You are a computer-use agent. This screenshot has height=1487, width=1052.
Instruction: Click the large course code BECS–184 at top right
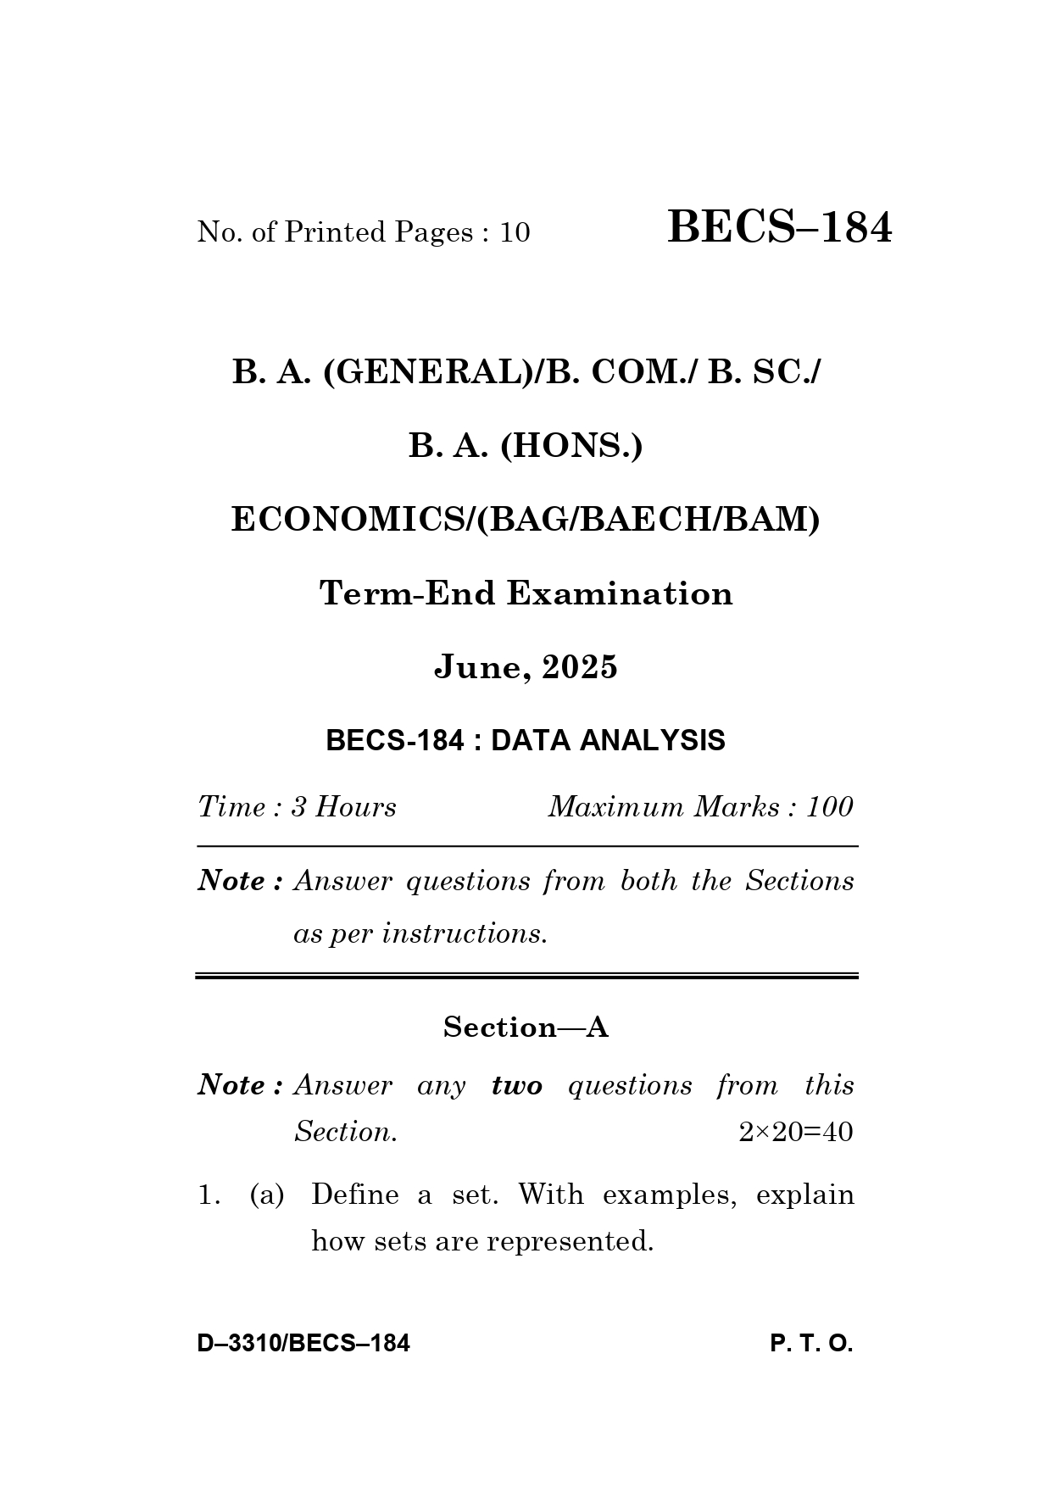pyautogui.click(x=779, y=228)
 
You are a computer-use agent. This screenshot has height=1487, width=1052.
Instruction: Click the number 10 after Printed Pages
pyautogui.click(x=515, y=232)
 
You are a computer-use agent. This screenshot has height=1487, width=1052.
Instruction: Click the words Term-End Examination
pyautogui.click(x=526, y=593)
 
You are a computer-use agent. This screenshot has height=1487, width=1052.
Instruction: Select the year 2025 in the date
pyautogui.click(x=580, y=668)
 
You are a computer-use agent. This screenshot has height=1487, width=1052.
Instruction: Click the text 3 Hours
pyautogui.click(x=343, y=807)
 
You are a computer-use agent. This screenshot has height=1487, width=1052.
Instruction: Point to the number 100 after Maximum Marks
pyautogui.click(x=829, y=807)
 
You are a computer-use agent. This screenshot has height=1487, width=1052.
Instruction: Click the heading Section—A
pyautogui.click(x=526, y=1028)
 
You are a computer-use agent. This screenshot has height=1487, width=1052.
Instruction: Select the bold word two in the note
pyautogui.click(x=516, y=1086)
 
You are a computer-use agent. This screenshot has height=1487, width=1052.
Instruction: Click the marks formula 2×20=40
pyautogui.click(x=795, y=1133)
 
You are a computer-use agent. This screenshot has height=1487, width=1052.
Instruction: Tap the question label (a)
pyautogui.click(x=267, y=1195)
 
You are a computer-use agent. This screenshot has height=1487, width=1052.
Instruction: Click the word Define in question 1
pyautogui.click(x=354, y=1195)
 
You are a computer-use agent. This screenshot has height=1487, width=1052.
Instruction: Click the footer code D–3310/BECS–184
pyautogui.click(x=303, y=1344)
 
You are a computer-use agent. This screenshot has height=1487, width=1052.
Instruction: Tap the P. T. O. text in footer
pyautogui.click(x=811, y=1344)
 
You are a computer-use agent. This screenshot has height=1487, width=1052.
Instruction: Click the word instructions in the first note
pyautogui.click(x=464, y=934)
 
